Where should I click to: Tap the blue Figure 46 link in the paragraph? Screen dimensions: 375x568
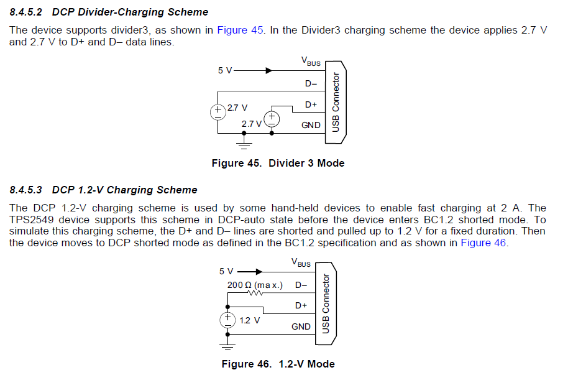pos(483,243)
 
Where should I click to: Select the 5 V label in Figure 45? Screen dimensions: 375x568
pos(224,71)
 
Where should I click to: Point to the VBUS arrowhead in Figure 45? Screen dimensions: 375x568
pos(268,71)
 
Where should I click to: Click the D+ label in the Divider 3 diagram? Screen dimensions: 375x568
pos(311,104)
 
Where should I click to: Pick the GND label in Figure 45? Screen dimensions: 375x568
pos(311,125)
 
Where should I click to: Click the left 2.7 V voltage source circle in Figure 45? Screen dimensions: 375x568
pos(219,113)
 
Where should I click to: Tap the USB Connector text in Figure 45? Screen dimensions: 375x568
pos(336,101)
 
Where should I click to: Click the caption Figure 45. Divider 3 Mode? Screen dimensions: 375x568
pos(278,164)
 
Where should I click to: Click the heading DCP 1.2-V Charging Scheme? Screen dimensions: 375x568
pos(124,190)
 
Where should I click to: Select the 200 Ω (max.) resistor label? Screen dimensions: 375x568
pos(255,285)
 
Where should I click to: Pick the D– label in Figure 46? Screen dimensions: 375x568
pos(301,285)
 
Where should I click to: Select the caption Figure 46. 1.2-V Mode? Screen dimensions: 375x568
pos(278,364)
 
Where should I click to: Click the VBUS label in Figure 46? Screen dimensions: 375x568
pos(301,263)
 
